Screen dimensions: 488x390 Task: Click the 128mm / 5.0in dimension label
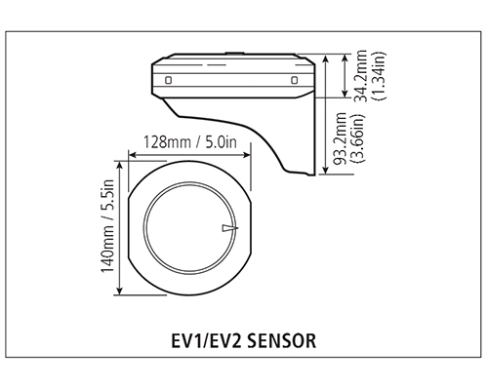tap(190, 142)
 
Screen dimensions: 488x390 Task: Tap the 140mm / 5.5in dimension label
tap(108, 226)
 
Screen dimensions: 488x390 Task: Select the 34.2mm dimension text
tap(360, 76)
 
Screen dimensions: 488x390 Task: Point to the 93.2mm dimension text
tap(341, 139)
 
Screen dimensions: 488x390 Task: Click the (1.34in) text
tap(379, 75)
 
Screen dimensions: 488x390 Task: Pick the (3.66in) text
tap(360, 138)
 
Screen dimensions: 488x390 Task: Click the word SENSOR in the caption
tap(282, 341)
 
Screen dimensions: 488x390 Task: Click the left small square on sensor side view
tap(168, 80)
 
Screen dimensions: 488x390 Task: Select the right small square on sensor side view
tap(294, 80)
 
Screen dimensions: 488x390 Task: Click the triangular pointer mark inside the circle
tap(230, 228)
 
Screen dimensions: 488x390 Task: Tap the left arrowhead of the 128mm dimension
tap(132, 155)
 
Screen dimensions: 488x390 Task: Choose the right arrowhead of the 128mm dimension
tap(247, 155)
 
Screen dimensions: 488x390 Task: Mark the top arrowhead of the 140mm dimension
tap(120, 165)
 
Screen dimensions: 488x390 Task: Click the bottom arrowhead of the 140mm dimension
tap(120, 291)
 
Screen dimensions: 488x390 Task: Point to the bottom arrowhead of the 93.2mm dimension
tap(325, 170)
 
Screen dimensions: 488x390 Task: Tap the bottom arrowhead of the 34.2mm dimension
tap(346, 93)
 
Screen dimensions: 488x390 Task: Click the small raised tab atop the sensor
tap(234, 53)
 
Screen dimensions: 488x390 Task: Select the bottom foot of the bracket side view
tap(311, 175)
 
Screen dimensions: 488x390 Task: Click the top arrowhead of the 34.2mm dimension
tap(346, 58)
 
